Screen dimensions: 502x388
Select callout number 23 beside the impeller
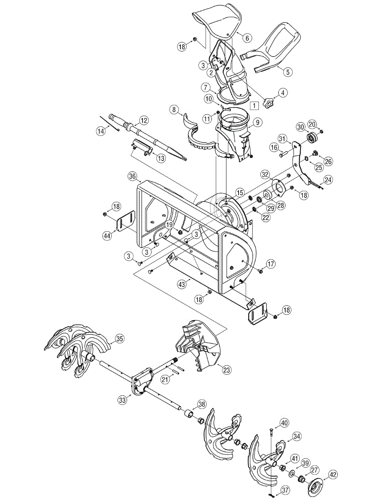pyautogui.click(x=226, y=370)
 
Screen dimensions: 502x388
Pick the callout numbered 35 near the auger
pyautogui.click(x=120, y=339)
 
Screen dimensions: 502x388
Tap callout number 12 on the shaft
pyautogui.click(x=144, y=120)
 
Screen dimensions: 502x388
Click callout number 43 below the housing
pyautogui.click(x=181, y=284)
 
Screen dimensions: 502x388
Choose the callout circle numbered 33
pyautogui.click(x=122, y=400)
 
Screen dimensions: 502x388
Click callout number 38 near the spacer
pyautogui.click(x=202, y=404)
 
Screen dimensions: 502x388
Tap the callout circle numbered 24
pyautogui.click(x=328, y=180)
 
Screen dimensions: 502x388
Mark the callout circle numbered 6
pyautogui.click(x=247, y=38)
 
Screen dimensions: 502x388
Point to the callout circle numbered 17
pyautogui.click(x=270, y=264)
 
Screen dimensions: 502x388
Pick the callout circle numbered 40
pyautogui.click(x=284, y=423)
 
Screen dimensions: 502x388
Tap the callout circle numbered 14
pyautogui.click(x=100, y=131)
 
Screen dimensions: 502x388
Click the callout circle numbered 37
pyautogui.click(x=285, y=490)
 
